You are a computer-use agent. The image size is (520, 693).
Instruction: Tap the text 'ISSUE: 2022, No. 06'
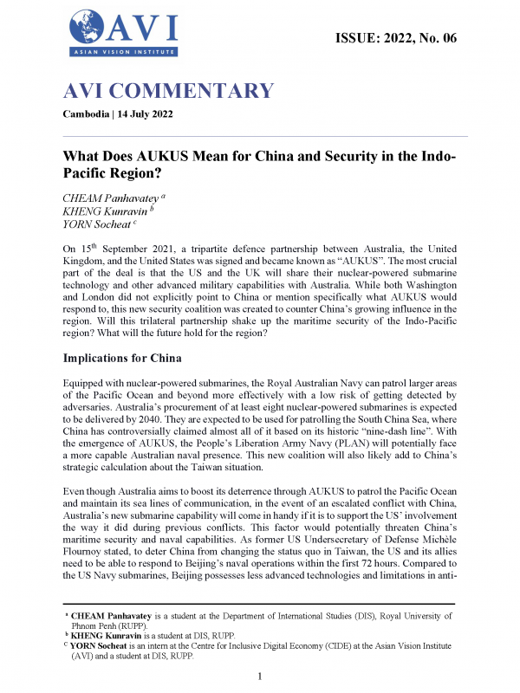click(394, 37)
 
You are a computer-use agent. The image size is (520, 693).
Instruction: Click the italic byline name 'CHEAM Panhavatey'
click(113, 198)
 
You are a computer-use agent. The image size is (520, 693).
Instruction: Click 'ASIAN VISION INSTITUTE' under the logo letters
click(121, 54)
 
